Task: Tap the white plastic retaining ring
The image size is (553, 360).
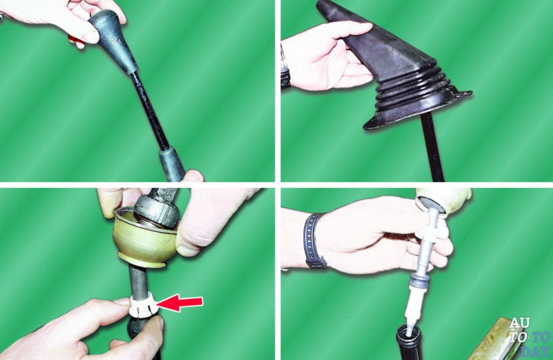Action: (x=143, y=304)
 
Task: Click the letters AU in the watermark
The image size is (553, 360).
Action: (x=519, y=322)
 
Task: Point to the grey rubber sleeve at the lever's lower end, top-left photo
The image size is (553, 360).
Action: (x=172, y=163)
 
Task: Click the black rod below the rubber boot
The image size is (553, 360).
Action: (x=432, y=148)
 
